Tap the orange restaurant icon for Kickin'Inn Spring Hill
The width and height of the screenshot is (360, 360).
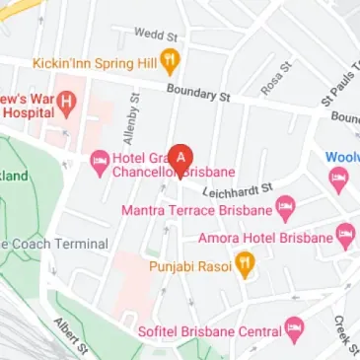click(x=170, y=61)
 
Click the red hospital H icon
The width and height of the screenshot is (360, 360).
click(x=66, y=101)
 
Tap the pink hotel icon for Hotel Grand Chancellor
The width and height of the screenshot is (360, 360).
click(x=99, y=162)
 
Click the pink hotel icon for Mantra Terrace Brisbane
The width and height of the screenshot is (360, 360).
click(x=286, y=208)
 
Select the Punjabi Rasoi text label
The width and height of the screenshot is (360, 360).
click(x=189, y=266)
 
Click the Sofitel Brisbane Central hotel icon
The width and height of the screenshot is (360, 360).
click(x=294, y=330)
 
